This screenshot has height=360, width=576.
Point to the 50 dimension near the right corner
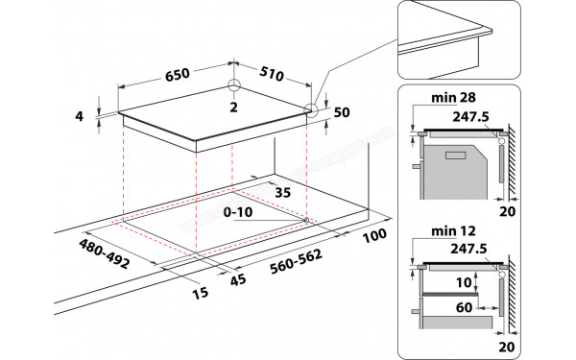[341, 112]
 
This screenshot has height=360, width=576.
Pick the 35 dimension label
[282, 192]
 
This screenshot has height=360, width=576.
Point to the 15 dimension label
[202, 292]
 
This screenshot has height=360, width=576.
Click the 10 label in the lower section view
[465, 283]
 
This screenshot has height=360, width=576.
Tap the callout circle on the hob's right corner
[310, 109]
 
